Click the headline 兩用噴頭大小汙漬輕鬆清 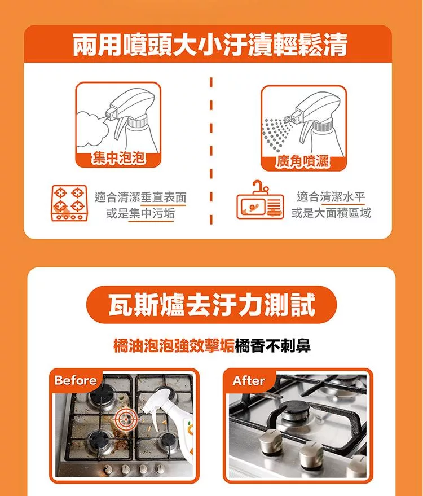(x=210, y=45)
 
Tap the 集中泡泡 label (x=118, y=158)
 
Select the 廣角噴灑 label (x=302, y=161)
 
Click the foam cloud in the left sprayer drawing (x=93, y=129)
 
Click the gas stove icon (x=69, y=203)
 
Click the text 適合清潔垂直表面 (x=140, y=197)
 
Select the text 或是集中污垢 (x=140, y=214)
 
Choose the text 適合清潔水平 (x=331, y=197)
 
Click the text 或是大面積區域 (x=331, y=213)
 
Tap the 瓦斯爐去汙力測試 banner (x=211, y=305)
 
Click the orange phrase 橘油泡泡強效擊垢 (x=174, y=345)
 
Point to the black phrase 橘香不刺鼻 (x=273, y=345)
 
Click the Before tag (x=75, y=380)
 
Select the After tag (x=249, y=380)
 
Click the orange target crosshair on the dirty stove (x=126, y=419)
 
